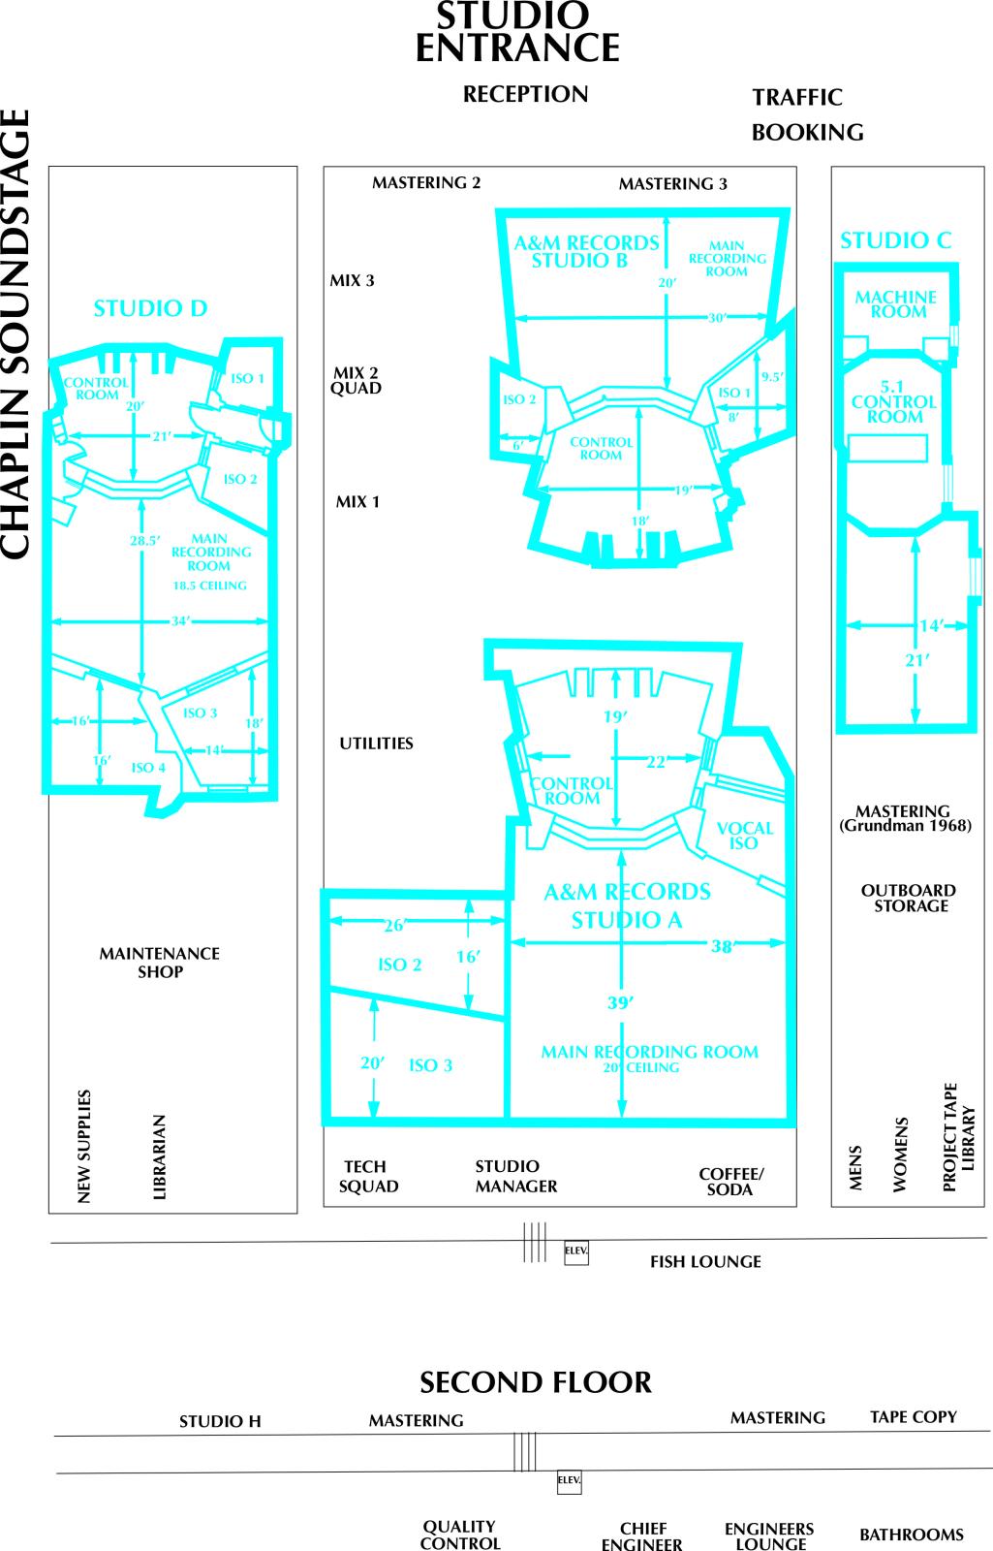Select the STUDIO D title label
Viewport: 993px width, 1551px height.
click(151, 308)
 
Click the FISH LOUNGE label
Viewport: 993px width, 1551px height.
click(705, 1261)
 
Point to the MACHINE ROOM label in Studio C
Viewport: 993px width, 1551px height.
click(896, 304)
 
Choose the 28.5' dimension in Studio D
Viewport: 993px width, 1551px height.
click(145, 540)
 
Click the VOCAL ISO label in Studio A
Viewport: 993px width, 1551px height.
click(745, 836)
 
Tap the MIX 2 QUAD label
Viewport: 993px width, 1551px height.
click(356, 380)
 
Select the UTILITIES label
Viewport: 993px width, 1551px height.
click(376, 743)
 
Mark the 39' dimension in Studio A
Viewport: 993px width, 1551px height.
click(621, 1002)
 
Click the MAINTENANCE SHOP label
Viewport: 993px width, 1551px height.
click(159, 963)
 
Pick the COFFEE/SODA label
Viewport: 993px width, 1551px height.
click(730, 1182)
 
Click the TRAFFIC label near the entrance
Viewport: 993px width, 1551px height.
click(797, 97)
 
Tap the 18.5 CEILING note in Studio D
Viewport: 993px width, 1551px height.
click(209, 586)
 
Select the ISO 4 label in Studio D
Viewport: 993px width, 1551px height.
click(148, 767)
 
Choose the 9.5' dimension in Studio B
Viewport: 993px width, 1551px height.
click(773, 377)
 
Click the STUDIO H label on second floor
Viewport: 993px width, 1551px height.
click(220, 1421)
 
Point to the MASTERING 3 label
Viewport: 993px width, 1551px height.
click(672, 183)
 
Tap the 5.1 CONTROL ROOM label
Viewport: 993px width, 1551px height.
click(893, 401)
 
